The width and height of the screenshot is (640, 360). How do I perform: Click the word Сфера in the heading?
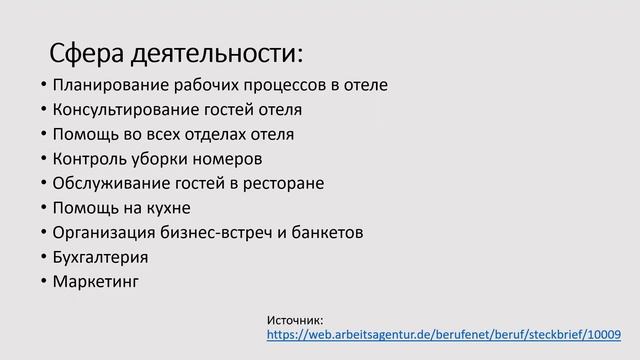click(x=87, y=52)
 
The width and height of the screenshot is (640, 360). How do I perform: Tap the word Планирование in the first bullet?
click(x=108, y=85)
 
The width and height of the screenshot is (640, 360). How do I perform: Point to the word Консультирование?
click(x=125, y=109)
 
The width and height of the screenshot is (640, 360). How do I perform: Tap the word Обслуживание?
click(x=107, y=183)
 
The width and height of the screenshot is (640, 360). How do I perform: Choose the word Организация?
click(x=102, y=232)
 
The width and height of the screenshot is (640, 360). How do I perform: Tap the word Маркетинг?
click(x=95, y=281)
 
